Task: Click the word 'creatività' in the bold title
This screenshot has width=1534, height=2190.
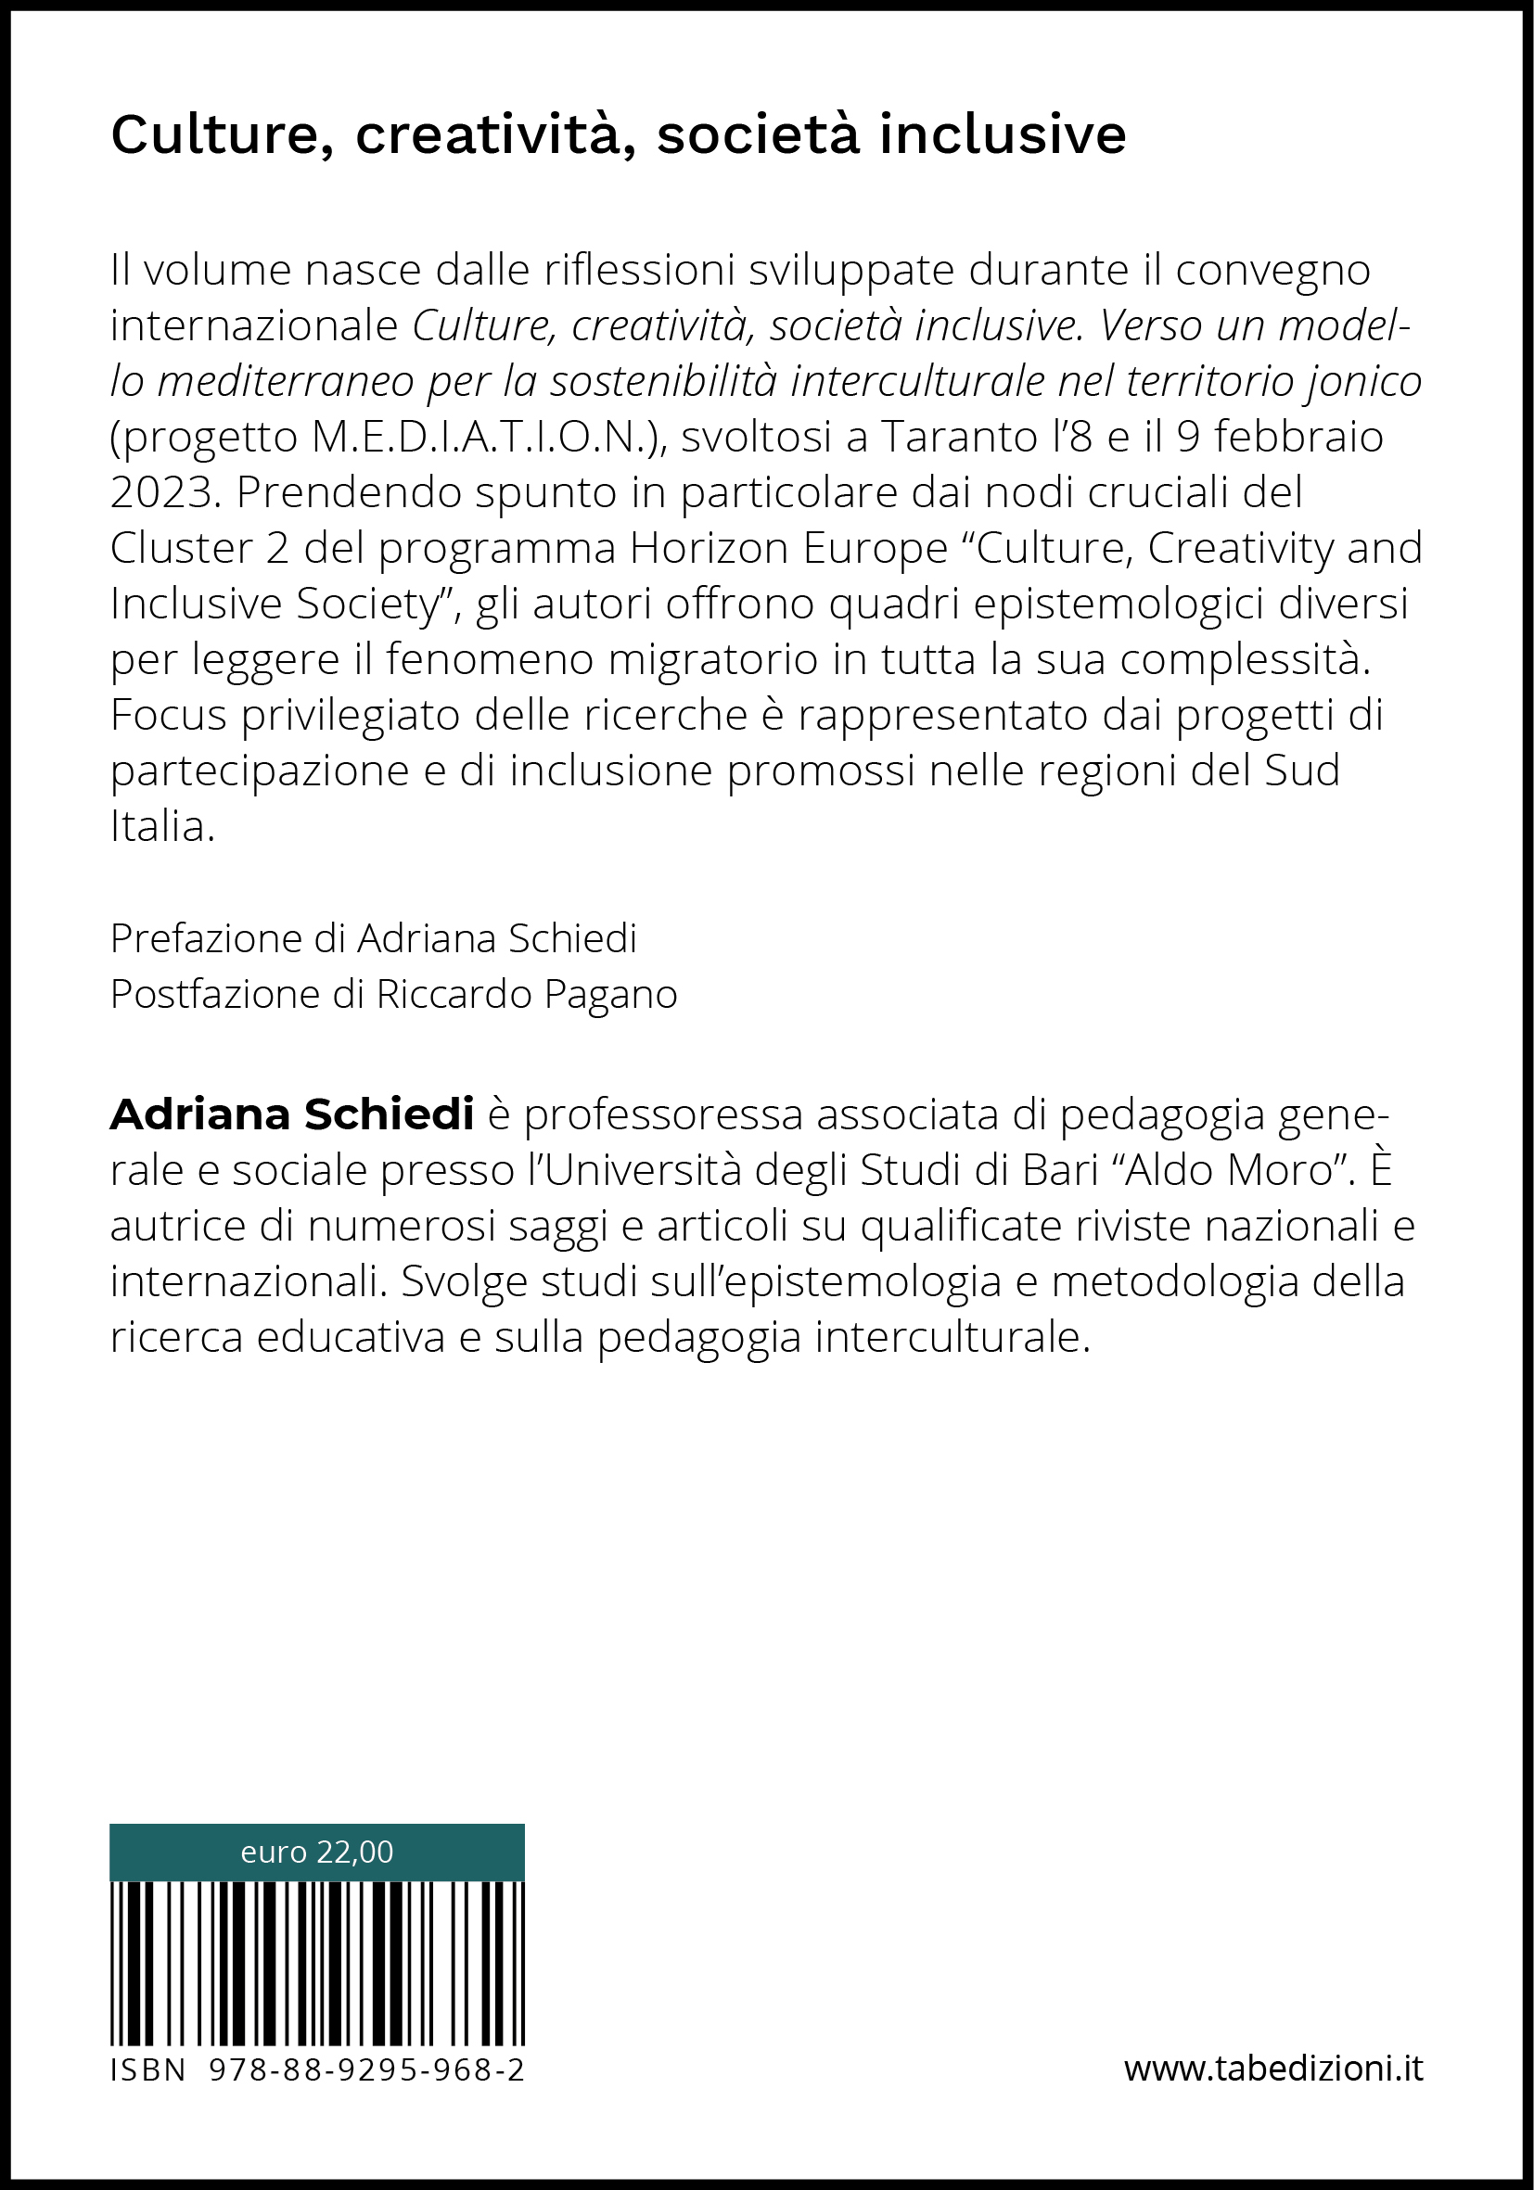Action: [x=494, y=134]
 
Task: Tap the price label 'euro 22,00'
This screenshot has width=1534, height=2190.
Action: [x=316, y=1852]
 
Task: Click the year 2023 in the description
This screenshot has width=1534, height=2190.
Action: [x=160, y=492]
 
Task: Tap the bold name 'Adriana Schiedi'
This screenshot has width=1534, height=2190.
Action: [x=292, y=1114]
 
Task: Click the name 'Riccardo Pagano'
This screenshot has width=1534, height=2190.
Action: [x=527, y=994]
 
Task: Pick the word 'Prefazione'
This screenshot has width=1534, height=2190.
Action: [x=206, y=938]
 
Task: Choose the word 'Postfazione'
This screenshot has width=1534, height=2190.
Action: [x=214, y=994]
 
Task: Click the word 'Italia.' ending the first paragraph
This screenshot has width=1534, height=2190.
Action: [x=162, y=826]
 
